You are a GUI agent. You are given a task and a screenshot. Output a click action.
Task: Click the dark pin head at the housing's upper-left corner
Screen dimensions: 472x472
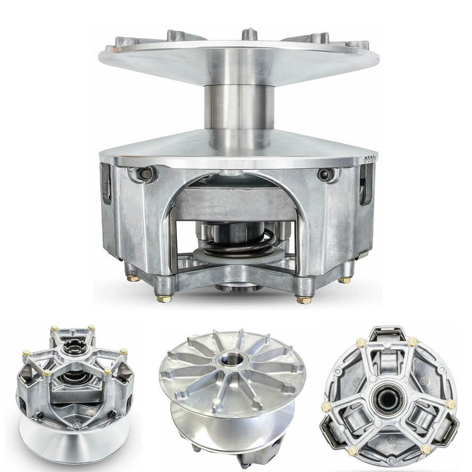(x=144, y=174)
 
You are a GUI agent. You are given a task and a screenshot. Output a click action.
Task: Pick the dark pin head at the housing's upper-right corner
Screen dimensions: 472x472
(x=324, y=175)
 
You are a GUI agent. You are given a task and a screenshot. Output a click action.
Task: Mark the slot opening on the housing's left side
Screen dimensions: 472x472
(x=106, y=183)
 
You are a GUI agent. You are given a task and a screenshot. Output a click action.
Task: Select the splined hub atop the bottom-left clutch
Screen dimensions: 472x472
(x=75, y=348)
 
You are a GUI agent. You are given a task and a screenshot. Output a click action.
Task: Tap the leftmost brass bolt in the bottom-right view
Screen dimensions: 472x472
(x=326, y=407)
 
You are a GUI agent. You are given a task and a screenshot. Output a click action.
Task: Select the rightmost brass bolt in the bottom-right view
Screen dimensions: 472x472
(x=451, y=405)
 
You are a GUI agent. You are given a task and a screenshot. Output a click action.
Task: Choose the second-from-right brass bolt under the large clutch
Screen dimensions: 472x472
(x=304, y=299)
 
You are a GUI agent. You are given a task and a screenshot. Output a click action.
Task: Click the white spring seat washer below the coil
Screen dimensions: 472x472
(x=236, y=255)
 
